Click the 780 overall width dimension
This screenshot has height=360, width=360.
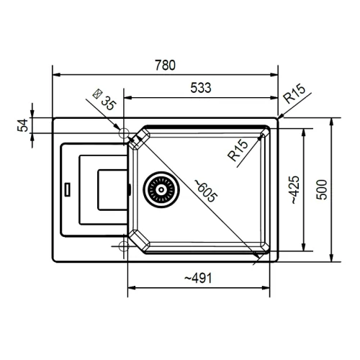pos(165,65)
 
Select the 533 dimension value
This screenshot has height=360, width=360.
pos(201,88)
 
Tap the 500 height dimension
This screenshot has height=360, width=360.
pos(322,189)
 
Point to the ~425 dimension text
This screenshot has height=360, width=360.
pos(295,189)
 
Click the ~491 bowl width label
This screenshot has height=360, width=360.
pos(198,278)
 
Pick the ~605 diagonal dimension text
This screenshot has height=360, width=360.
pos(206,191)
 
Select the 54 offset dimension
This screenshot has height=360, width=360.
pos(22,125)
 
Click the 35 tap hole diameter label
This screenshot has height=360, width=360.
pos(109,103)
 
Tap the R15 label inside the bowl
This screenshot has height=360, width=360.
pos(238,150)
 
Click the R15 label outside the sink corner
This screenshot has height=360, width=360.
pos(294,94)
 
